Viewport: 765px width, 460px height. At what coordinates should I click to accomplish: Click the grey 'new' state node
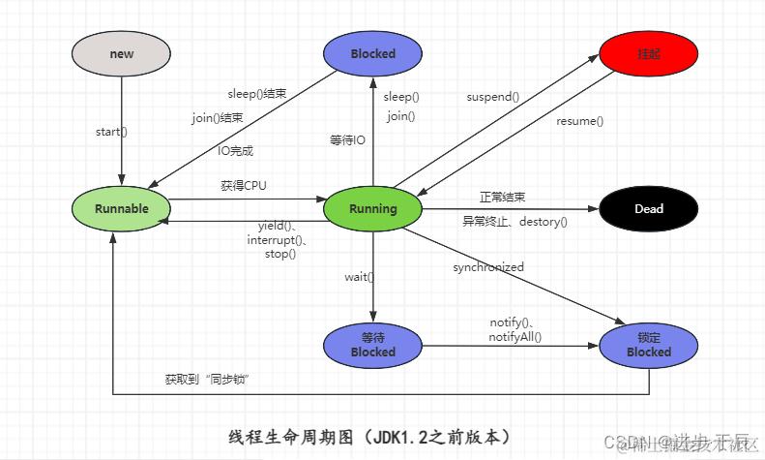coord(122,53)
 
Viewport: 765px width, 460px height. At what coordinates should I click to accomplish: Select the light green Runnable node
coord(122,208)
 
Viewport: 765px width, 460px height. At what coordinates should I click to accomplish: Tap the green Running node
coord(372,208)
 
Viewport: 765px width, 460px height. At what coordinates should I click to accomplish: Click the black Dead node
coord(648,208)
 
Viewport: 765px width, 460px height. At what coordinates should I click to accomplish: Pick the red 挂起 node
coord(648,53)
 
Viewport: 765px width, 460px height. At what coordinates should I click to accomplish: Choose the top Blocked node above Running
coord(372,53)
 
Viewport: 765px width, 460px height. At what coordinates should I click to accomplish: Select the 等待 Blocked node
coord(372,345)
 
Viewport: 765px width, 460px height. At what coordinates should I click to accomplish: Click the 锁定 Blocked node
coord(648,345)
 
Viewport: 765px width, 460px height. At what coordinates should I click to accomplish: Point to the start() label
coord(112,131)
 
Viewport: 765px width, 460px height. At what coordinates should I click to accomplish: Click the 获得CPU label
coord(243,185)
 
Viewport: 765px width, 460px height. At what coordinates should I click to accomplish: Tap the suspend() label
coord(493,97)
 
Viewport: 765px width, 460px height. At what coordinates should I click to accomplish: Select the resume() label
coord(579,121)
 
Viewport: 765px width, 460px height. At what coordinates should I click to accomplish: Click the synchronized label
coord(488,267)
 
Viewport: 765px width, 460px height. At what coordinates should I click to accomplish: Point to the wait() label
coord(360,277)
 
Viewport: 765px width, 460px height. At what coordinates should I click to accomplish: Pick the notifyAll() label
coord(515,337)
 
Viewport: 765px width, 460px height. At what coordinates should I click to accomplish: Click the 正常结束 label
coord(502,197)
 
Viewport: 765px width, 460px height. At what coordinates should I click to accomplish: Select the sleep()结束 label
coord(257,94)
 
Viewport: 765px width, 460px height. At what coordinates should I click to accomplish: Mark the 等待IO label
coord(348,140)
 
